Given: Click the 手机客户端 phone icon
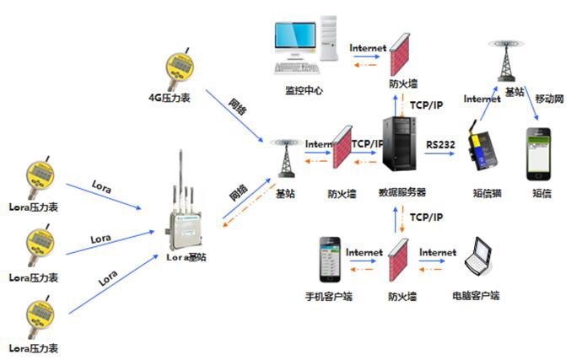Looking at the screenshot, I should pos(330,262).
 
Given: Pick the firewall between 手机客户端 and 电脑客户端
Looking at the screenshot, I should pos(396,262).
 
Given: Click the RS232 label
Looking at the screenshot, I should pos(440,144).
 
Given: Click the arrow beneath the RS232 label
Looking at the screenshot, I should pos(440,156).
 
